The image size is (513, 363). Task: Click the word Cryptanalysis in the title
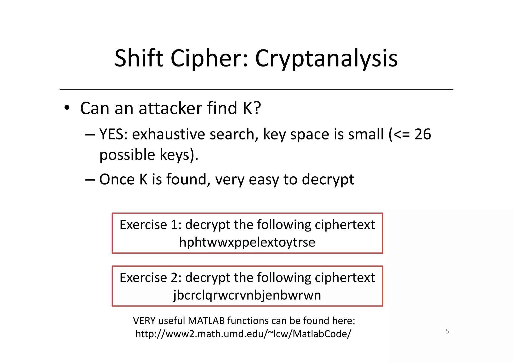pos(326,59)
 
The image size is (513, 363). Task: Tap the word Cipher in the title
pos(209,59)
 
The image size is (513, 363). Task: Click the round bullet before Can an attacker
pos(67,108)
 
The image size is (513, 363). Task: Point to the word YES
pos(113,134)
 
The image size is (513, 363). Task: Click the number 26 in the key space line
pos(423,134)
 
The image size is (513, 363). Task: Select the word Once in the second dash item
pos(117,179)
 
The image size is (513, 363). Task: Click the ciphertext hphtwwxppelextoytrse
pos(247,242)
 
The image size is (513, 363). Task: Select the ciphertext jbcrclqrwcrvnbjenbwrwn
pos(247,295)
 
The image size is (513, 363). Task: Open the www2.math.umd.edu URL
pos(243,334)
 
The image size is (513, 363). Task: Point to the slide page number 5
pos(447,331)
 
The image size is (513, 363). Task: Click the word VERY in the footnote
pos(144,321)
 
